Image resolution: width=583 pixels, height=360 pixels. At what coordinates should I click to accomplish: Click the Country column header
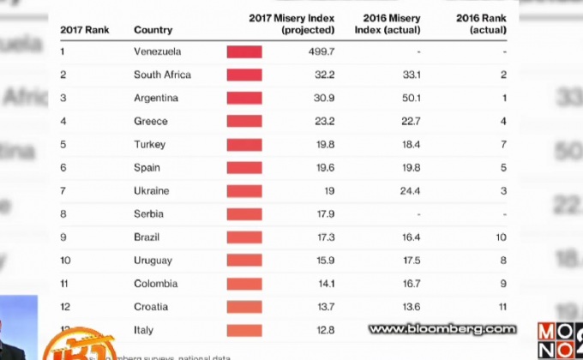pos(153,30)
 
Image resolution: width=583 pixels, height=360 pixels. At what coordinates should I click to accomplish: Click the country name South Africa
pos(162,75)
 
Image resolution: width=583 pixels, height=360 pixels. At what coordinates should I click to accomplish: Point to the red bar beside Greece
pos(244,121)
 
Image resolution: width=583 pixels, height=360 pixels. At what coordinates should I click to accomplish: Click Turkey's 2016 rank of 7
pos(503,144)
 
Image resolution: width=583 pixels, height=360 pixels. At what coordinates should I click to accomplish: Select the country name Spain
pos(147,167)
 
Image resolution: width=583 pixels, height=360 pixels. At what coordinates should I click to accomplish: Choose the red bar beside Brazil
pos(244,237)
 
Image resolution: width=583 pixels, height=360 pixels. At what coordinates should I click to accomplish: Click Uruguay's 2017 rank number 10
pos(66,260)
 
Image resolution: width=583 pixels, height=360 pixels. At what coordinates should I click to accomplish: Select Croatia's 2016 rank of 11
pos(503,306)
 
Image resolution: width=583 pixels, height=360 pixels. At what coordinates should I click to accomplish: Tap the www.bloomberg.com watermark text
pos(442,328)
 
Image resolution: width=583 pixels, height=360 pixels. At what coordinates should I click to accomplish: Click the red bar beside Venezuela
pos(244,51)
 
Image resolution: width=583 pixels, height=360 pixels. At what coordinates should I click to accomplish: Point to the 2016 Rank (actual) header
pos(481,24)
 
